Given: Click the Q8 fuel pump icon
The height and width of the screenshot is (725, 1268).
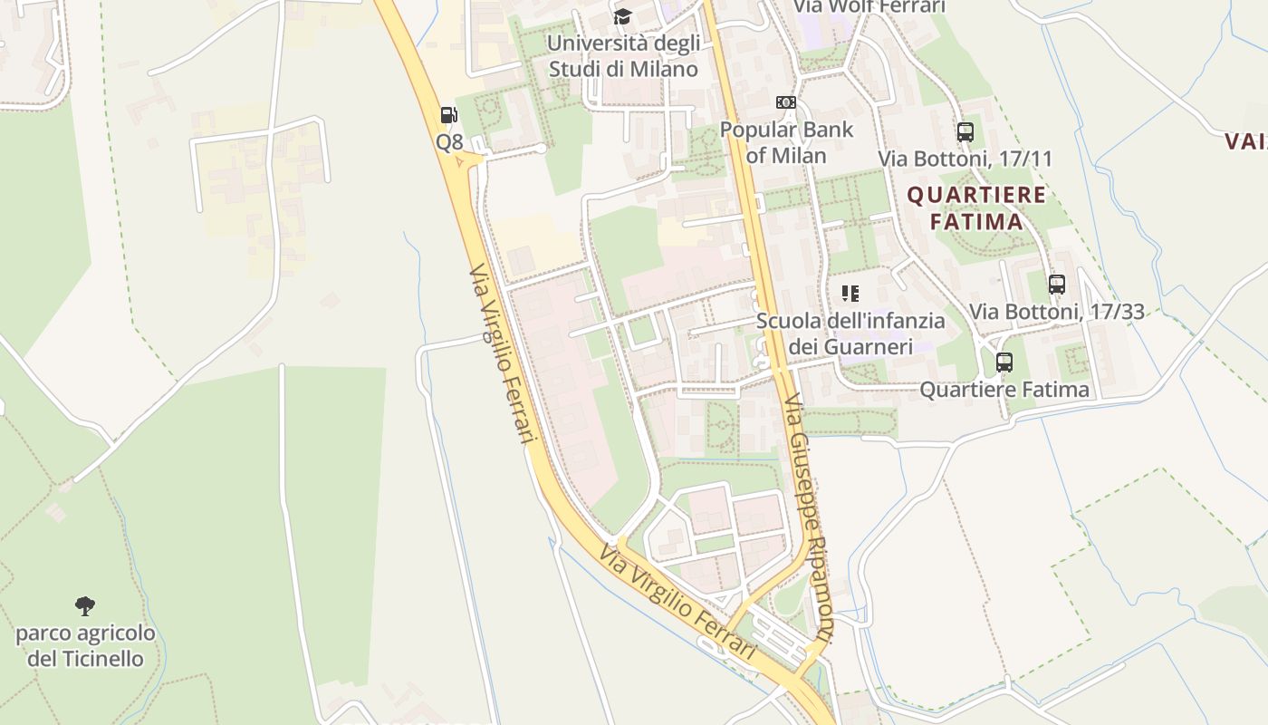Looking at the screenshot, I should [x=448, y=115].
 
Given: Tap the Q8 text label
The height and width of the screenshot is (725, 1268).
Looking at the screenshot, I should [x=449, y=142].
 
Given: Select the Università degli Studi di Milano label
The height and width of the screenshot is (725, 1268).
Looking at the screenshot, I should [x=623, y=56].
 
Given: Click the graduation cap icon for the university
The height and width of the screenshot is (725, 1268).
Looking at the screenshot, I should [x=622, y=16].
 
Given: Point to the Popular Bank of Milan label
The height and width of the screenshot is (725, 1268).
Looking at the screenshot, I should [x=786, y=142].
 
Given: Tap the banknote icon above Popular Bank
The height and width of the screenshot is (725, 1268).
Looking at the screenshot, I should [x=786, y=102].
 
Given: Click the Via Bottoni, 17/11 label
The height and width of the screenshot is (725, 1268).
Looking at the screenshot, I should [x=965, y=159].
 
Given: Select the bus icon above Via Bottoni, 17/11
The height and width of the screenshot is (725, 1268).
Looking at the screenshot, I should [x=965, y=132].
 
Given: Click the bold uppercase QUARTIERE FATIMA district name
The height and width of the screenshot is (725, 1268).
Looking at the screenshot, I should [x=976, y=208].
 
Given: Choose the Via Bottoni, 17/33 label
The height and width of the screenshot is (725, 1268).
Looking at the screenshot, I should [x=1057, y=312].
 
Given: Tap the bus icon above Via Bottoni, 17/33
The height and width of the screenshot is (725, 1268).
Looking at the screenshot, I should [x=1057, y=285].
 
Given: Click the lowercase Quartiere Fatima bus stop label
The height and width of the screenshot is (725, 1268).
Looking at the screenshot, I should [x=1004, y=390].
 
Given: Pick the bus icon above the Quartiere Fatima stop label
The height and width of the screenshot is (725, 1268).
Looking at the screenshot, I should [x=1004, y=362].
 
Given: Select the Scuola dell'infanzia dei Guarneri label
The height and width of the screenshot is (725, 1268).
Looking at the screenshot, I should [x=850, y=333].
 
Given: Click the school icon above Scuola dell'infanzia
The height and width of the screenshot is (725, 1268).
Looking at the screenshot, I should [x=850, y=293].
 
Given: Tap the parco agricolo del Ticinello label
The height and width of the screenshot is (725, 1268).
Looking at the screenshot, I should [x=85, y=645].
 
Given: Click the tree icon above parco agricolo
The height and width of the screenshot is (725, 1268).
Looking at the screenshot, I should [x=85, y=605].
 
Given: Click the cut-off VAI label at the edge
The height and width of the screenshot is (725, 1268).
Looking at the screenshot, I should [x=1246, y=141].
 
